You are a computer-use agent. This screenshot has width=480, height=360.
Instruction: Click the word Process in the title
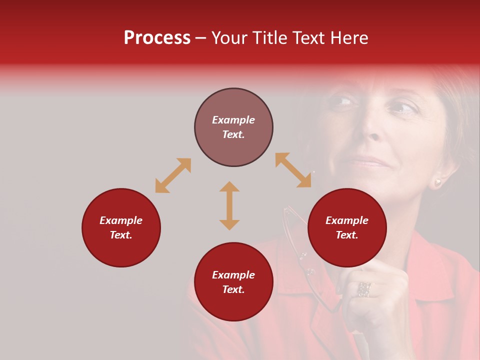pos(157,38)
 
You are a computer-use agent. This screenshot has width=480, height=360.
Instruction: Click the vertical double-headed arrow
pos(229,205)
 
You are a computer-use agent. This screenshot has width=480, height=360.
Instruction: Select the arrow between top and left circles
pos(173,175)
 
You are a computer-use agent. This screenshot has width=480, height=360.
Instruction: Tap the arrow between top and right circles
pos(293,170)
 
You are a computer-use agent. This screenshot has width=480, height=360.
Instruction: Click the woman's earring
pos(438,182)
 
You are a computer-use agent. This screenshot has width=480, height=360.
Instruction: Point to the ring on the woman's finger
pos(364,289)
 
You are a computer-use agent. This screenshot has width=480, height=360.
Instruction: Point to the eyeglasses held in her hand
pos(300,250)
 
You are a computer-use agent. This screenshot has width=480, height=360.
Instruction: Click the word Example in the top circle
pos(233,120)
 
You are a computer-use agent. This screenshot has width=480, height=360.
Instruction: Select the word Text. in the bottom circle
pos(233,289)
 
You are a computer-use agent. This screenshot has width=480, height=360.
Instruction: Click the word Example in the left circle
pos(121,220)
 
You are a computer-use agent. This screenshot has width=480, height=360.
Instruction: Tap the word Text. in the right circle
pos(347,235)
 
